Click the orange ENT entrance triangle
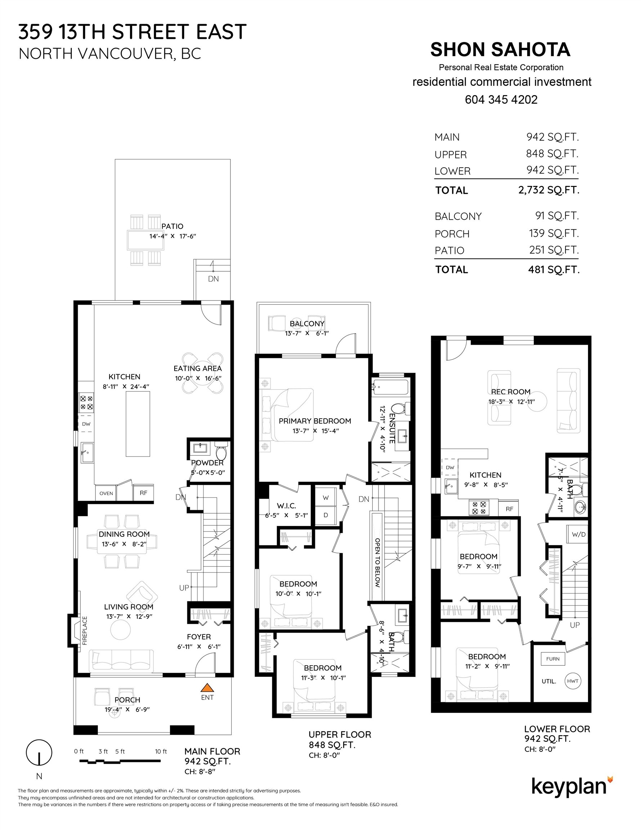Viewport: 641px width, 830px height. click(207, 687)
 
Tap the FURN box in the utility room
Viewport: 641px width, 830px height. click(552, 659)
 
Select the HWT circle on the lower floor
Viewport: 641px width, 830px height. click(573, 680)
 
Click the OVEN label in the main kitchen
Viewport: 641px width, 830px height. click(106, 493)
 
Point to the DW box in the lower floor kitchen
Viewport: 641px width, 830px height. click(450, 468)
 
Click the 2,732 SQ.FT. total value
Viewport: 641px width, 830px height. click(548, 190)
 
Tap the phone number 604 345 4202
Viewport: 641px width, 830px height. click(501, 99)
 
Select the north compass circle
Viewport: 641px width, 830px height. click(39, 753)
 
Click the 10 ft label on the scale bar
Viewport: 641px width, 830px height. click(161, 751)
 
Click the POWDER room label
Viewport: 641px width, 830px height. click(207, 463)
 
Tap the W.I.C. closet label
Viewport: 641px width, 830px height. click(286, 506)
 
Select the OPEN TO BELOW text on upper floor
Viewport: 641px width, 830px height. click(377, 562)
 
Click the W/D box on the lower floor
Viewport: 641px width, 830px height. click(578, 534)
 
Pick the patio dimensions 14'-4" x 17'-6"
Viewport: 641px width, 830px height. click(172, 236)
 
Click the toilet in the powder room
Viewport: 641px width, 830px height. click(221, 451)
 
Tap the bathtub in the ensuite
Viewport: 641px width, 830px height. click(390, 388)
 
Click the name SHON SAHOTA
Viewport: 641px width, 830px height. click(500, 50)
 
